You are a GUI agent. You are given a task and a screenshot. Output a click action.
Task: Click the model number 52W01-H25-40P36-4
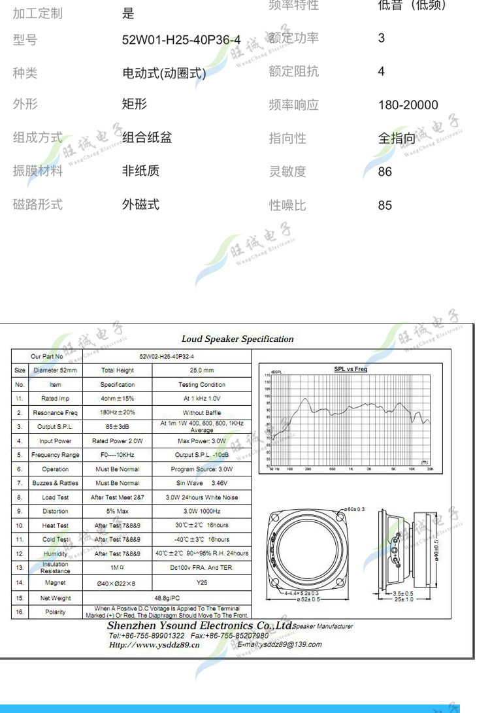click(181, 40)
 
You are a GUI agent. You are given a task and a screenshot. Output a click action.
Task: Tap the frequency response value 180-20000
click(408, 105)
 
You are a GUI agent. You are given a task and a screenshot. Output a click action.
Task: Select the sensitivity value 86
click(385, 171)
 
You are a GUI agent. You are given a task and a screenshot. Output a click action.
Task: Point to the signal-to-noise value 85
click(385, 205)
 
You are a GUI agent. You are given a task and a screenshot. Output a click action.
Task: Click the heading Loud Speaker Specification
click(237, 339)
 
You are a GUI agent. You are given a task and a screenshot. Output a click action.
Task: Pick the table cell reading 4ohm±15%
click(118, 399)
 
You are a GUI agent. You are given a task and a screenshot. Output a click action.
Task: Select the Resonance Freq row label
click(55, 412)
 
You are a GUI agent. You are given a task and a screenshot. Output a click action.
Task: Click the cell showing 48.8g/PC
click(167, 598)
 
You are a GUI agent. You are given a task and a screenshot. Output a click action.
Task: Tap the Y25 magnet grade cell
click(201, 582)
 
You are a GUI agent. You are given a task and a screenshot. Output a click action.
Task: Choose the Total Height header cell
click(118, 371)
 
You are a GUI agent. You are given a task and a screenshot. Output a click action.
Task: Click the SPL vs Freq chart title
click(351, 369)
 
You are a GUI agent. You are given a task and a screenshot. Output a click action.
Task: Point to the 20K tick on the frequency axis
click(430, 469)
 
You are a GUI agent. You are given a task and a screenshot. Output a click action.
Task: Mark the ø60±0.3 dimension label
click(355, 508)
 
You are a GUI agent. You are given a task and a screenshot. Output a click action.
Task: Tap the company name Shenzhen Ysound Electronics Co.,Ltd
click(199, 625)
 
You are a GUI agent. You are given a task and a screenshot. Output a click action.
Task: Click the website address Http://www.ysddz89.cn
click(154, 645)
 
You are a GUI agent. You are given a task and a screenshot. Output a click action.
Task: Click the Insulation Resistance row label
click(55, 568)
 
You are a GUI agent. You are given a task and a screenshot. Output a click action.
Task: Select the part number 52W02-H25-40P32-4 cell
click(167, 356)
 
